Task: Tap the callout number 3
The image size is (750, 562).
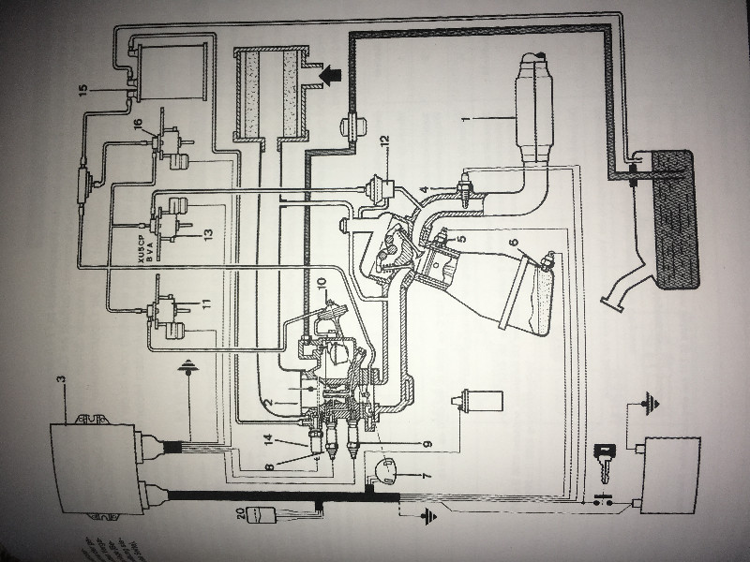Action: [61, 379]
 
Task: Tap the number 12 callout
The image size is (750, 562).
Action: [382, 140]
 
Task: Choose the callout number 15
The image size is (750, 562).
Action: [82, 90]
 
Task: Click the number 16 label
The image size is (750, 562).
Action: [138, 124]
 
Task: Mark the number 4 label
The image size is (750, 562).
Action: [423, 188]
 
